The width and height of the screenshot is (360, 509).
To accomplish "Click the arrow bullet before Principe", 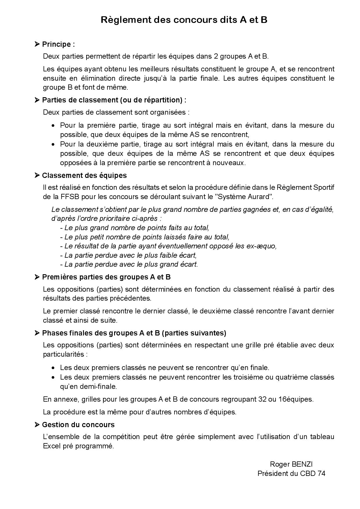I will (x=37, y=44).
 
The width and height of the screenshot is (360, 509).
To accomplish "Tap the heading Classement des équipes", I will (x=84, y=176).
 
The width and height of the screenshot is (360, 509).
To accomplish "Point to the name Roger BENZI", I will (x=291, y=464).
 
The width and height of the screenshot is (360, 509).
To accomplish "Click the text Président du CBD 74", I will (x=291, y=473).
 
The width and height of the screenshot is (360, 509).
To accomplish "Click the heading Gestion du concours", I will (x=78, y=425).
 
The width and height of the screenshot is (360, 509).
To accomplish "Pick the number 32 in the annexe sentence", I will (x=262, y=399).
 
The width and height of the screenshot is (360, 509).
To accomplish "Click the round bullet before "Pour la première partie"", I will (x=53, y=126).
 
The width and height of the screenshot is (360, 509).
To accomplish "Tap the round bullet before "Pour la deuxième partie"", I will (x=53, y=145).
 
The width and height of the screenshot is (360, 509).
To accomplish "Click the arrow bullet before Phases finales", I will (x=37, y=333).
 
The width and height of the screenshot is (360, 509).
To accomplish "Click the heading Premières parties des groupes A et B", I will (x=106, y=277).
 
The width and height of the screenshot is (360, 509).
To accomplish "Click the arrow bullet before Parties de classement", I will (x=37, y=100).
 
